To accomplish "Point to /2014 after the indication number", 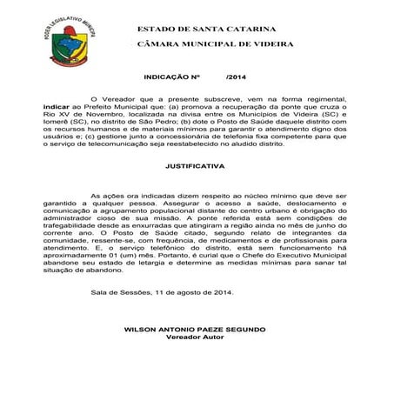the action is coord(236,77).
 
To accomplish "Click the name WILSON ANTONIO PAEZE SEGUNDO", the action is coord(196,331).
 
